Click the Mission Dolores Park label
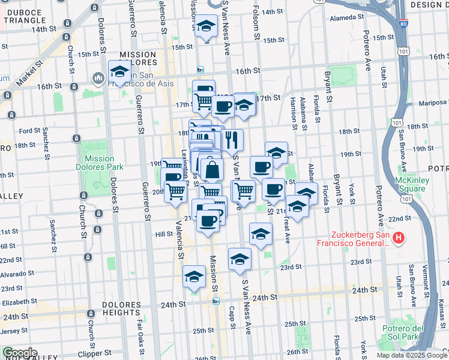tap(95, 163)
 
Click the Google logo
tap(20, 353)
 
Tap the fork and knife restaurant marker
tap(232, 140)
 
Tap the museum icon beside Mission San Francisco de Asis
tap(98, 79)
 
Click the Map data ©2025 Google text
tap(411, 355)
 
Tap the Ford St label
tap(29, 130)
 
